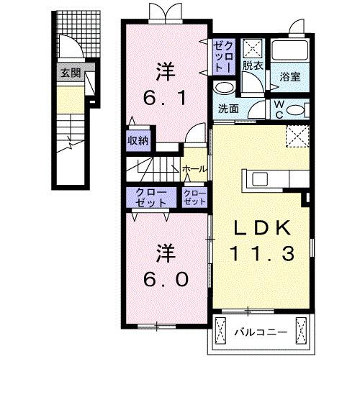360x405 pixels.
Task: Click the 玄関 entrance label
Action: point(70,73)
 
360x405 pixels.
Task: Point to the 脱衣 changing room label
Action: point(251,65)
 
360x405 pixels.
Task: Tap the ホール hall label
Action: point(194,169)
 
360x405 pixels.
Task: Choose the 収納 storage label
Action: point(138,140)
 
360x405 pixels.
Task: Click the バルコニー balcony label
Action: point(261,333)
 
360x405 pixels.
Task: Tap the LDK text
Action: point(262,228)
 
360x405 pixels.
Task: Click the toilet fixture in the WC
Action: point(300,110)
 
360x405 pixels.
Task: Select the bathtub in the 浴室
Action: point(290,52)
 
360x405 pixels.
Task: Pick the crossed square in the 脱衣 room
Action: point(253,47)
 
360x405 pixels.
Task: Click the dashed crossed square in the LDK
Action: point(295,136)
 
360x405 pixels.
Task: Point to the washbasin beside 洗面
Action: point(225,88)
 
